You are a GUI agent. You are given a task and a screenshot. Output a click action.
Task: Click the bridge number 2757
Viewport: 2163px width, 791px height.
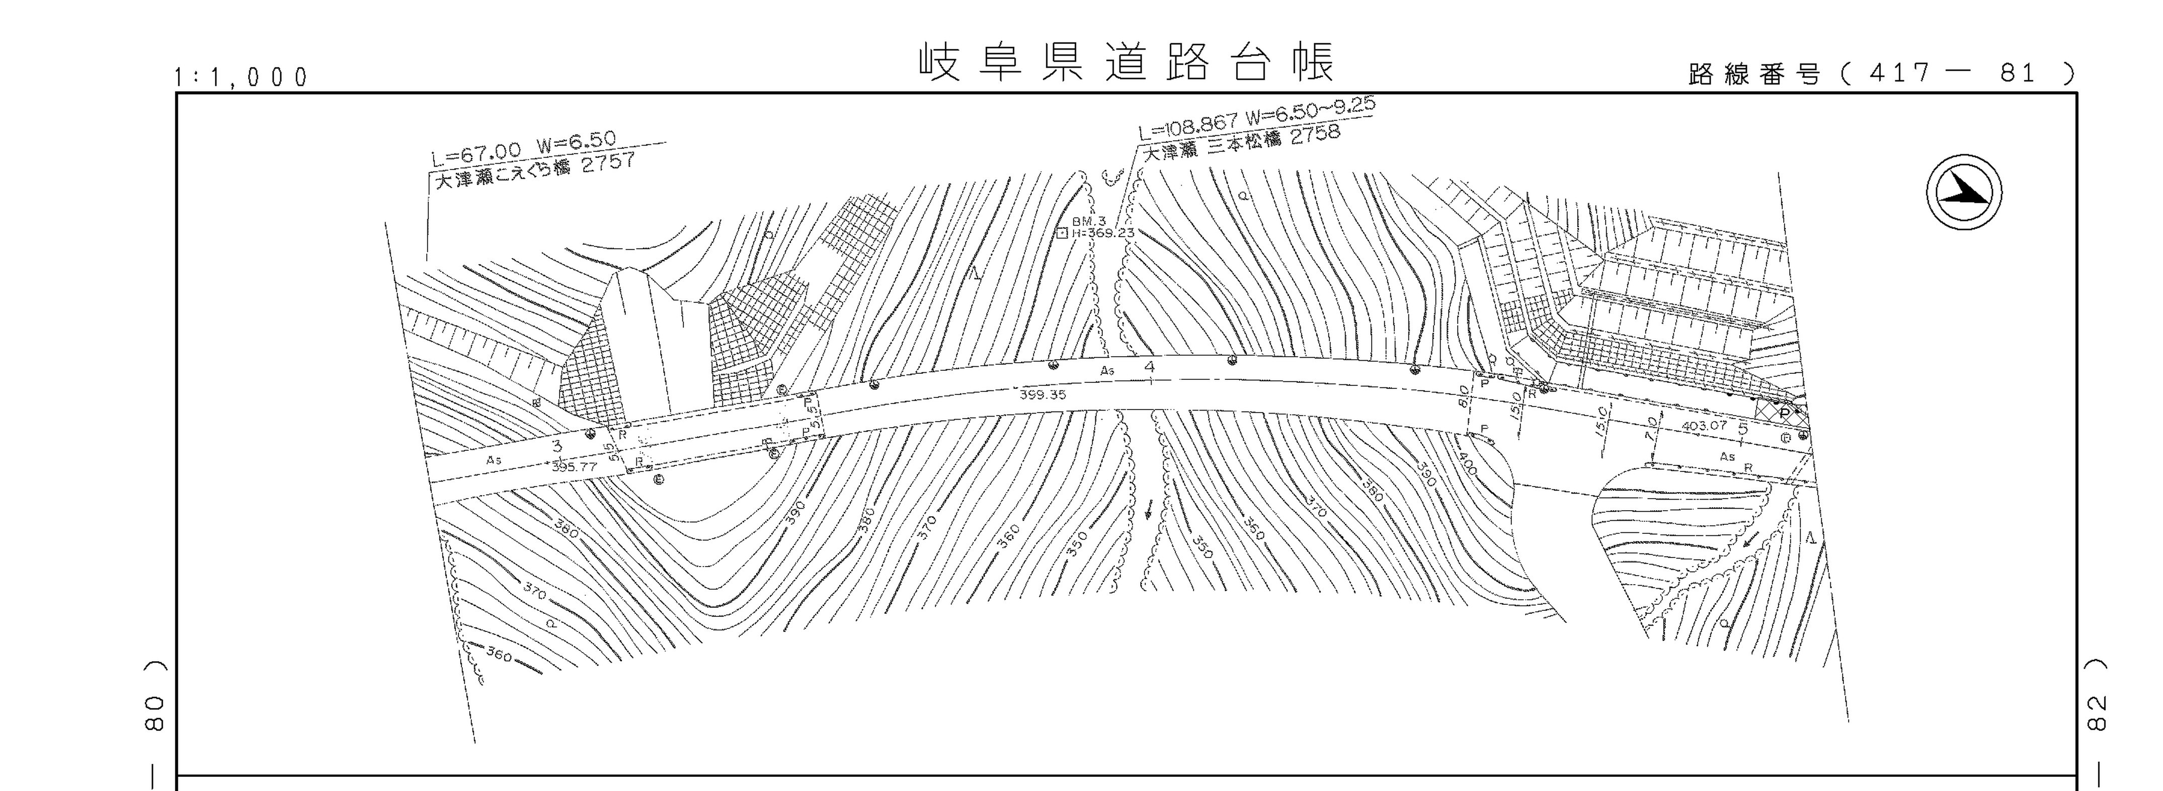pyautogui.click(x=608, y=163)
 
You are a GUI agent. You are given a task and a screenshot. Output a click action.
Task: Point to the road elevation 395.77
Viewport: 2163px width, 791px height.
pyautogui.click(x=575, y=466)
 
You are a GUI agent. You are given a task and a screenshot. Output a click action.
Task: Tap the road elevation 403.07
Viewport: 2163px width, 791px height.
pyautogui.click(x=1704, y=426)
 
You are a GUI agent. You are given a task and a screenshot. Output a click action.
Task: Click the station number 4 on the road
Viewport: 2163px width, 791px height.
pyautogui.click(x=1150, y=366)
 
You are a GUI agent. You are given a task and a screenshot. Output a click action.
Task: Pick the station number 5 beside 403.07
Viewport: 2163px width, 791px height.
pyautogui.click(x=1742, y=427)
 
